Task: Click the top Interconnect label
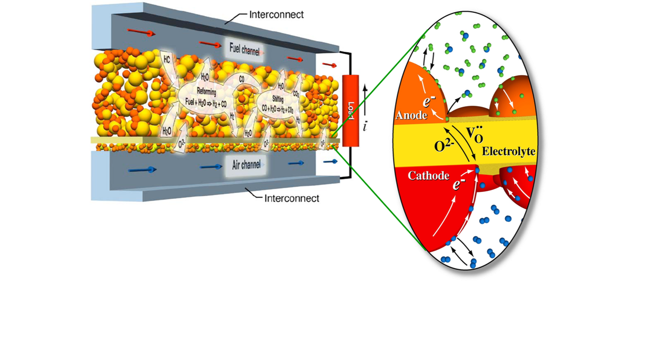pyautogui.click(x=276, y=14)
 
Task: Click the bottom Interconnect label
pyautogui.click(x=291, y=198)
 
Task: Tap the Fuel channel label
pyautogui.click(x=244, y=49)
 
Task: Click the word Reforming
pyautogui.click(x=206, y=91)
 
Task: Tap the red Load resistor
pyautogui.click(x=349, y=110)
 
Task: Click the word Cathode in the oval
pyautogui.click(x=428, y=175)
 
